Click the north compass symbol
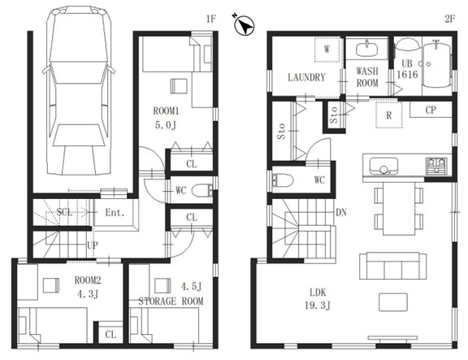click(245, 25)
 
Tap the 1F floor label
click(210, 20)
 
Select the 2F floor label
click(450, 20)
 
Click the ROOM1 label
click(166, 111)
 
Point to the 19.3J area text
click(318, 306)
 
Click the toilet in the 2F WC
click(283, 180)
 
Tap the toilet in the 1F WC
click(202, 191)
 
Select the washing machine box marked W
click(327, 50)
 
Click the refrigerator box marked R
click(388, 115)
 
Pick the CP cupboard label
click(431, 111)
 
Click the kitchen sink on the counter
click(383, 166)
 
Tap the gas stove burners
click(436, 166)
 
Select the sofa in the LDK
click(392, 266)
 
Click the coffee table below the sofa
click(393, 302)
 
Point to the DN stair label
click(341, 212)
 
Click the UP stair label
click(93, 245)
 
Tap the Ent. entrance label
click(115, 213)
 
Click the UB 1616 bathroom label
click(407, 69)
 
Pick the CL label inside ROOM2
click(110, 334)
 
